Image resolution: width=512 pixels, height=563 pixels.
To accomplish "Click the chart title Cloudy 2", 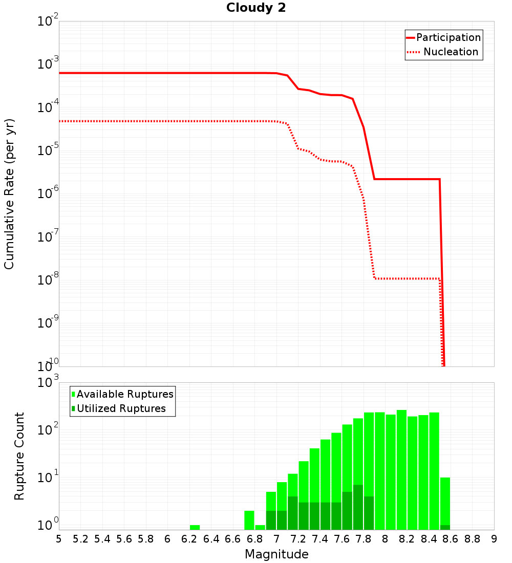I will click(x=256, y=8).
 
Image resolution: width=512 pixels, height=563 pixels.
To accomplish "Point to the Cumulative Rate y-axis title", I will click(x=9, y=193).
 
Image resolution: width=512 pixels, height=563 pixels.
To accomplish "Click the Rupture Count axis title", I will click(x=19, y=456).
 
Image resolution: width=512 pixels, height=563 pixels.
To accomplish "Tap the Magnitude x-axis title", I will click(x=276, y=554).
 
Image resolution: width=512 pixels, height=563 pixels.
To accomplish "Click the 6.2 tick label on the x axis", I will click(x=189, y=539).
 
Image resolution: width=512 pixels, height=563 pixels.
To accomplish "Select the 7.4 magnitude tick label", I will click(x=320, y=539).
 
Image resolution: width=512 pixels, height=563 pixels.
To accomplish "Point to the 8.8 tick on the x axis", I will click(x=472, y=539).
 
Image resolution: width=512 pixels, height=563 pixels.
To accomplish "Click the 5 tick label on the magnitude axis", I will click(x=59, y=539).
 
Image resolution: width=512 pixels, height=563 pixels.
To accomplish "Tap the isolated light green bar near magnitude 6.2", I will click(x=195, y=527).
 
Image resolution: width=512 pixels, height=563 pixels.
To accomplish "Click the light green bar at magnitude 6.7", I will click(x=249, y=520).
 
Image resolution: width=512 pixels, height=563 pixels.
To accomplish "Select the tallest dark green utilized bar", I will click(x=358, y=507).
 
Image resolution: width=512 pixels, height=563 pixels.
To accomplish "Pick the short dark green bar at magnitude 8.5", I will click(x=445, y=527).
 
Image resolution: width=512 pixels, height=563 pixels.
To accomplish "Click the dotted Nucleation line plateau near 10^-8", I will click(x=407, y=278).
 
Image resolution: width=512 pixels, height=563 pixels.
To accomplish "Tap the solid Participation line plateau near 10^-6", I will click(x=407, y=179).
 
